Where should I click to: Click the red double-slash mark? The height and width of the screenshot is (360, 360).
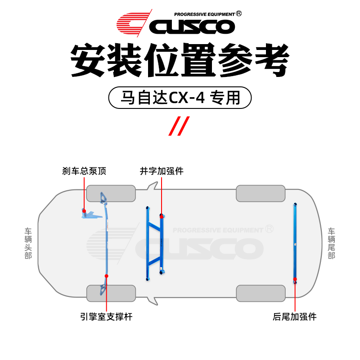click(179, 126)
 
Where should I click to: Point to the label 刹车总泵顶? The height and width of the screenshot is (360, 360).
click(84, 171)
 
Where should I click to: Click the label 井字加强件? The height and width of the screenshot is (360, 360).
click(162, 171)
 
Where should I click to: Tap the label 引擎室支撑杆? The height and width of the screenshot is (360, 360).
click(106, 317)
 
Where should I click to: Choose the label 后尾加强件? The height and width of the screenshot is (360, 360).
click(295, 317)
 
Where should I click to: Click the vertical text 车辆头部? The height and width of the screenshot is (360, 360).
click(28, 243)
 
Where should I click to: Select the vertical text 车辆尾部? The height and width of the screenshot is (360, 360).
click(332, 243)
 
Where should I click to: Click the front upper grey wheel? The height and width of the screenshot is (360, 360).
click(111, 193)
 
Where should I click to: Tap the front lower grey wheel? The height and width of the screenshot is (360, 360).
click(111, 293)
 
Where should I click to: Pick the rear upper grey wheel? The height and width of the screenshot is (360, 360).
click(261, 193)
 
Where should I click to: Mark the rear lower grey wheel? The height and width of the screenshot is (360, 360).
click(261, 293)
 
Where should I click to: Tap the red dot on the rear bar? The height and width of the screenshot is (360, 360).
click(295, 279)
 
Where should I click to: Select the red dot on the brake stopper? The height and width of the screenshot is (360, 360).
click(84, 210)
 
